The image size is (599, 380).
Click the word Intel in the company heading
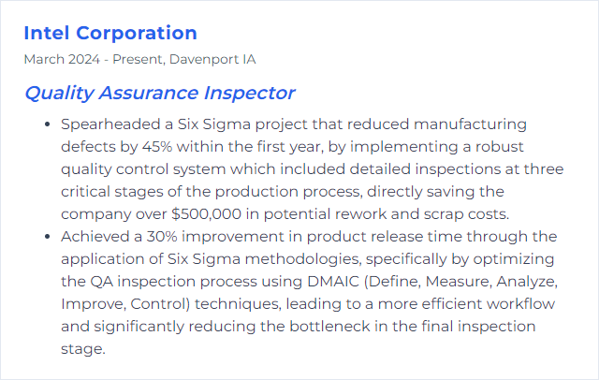[47, 33]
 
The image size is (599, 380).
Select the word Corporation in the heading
[137, 33]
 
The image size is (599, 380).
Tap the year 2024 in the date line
[84, 60]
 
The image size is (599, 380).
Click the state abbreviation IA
[249, 60]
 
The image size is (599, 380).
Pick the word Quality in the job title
[59, 94]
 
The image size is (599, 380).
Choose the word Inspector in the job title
[249, 94]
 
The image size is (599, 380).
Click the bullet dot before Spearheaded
[48, 124]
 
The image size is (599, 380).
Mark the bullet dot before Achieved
[48, 237]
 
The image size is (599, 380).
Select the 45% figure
[157, 147]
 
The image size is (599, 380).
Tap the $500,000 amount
[207, 214]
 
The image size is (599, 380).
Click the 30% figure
[162, 237]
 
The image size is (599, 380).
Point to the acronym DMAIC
[333, 282]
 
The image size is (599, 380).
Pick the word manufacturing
[470, 124]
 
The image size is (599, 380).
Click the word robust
[499, 147]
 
